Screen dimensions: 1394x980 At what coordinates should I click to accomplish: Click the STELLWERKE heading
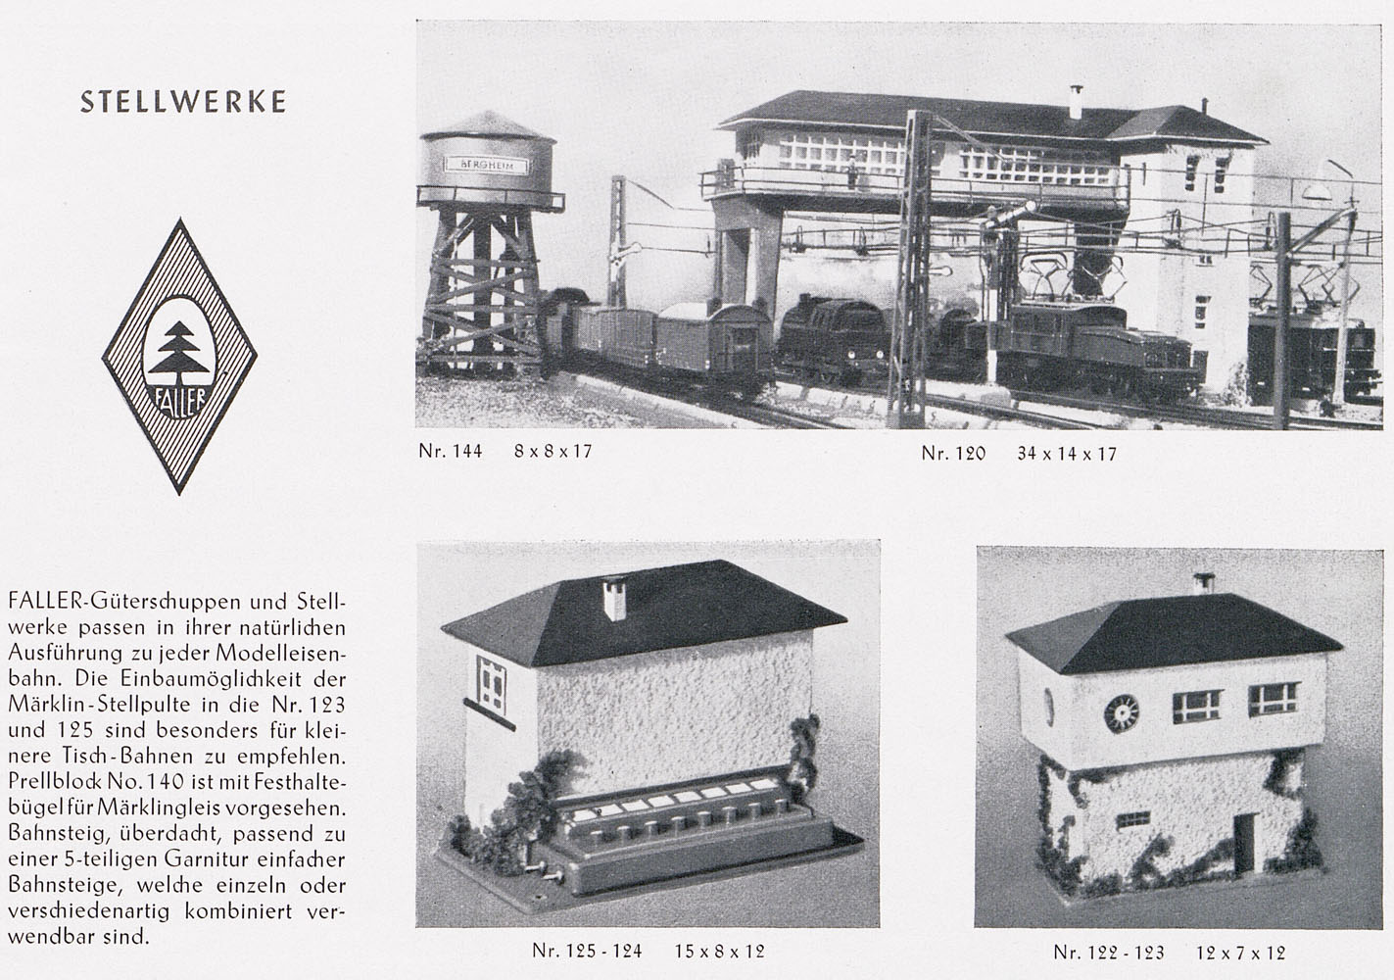click(183, 102)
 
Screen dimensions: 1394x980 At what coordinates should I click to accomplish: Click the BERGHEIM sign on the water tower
click(486, 165)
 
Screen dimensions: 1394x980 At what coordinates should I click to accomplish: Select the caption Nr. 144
click(450, 451)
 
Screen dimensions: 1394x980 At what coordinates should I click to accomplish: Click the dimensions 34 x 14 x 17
click(1067, 454)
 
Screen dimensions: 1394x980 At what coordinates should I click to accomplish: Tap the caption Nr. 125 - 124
click(587, 951)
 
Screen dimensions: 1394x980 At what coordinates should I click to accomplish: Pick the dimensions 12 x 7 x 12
click(1240, 953)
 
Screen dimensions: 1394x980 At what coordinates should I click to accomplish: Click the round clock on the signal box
click(1122, 712)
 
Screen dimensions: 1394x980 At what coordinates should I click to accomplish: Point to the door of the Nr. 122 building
click(1244, 844)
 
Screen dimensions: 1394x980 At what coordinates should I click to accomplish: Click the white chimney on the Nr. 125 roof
click(615, 599)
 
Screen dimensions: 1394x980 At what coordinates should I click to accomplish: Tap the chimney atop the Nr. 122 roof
click(1204, 583)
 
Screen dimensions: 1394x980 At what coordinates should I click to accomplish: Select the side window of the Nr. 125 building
click(491, 685)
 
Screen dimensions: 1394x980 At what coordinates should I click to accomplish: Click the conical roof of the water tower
click(487, 125)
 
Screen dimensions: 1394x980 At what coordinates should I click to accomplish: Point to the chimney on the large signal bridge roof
click(1076, 103)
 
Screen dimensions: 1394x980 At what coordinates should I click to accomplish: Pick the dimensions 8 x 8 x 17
click(553, 451)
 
